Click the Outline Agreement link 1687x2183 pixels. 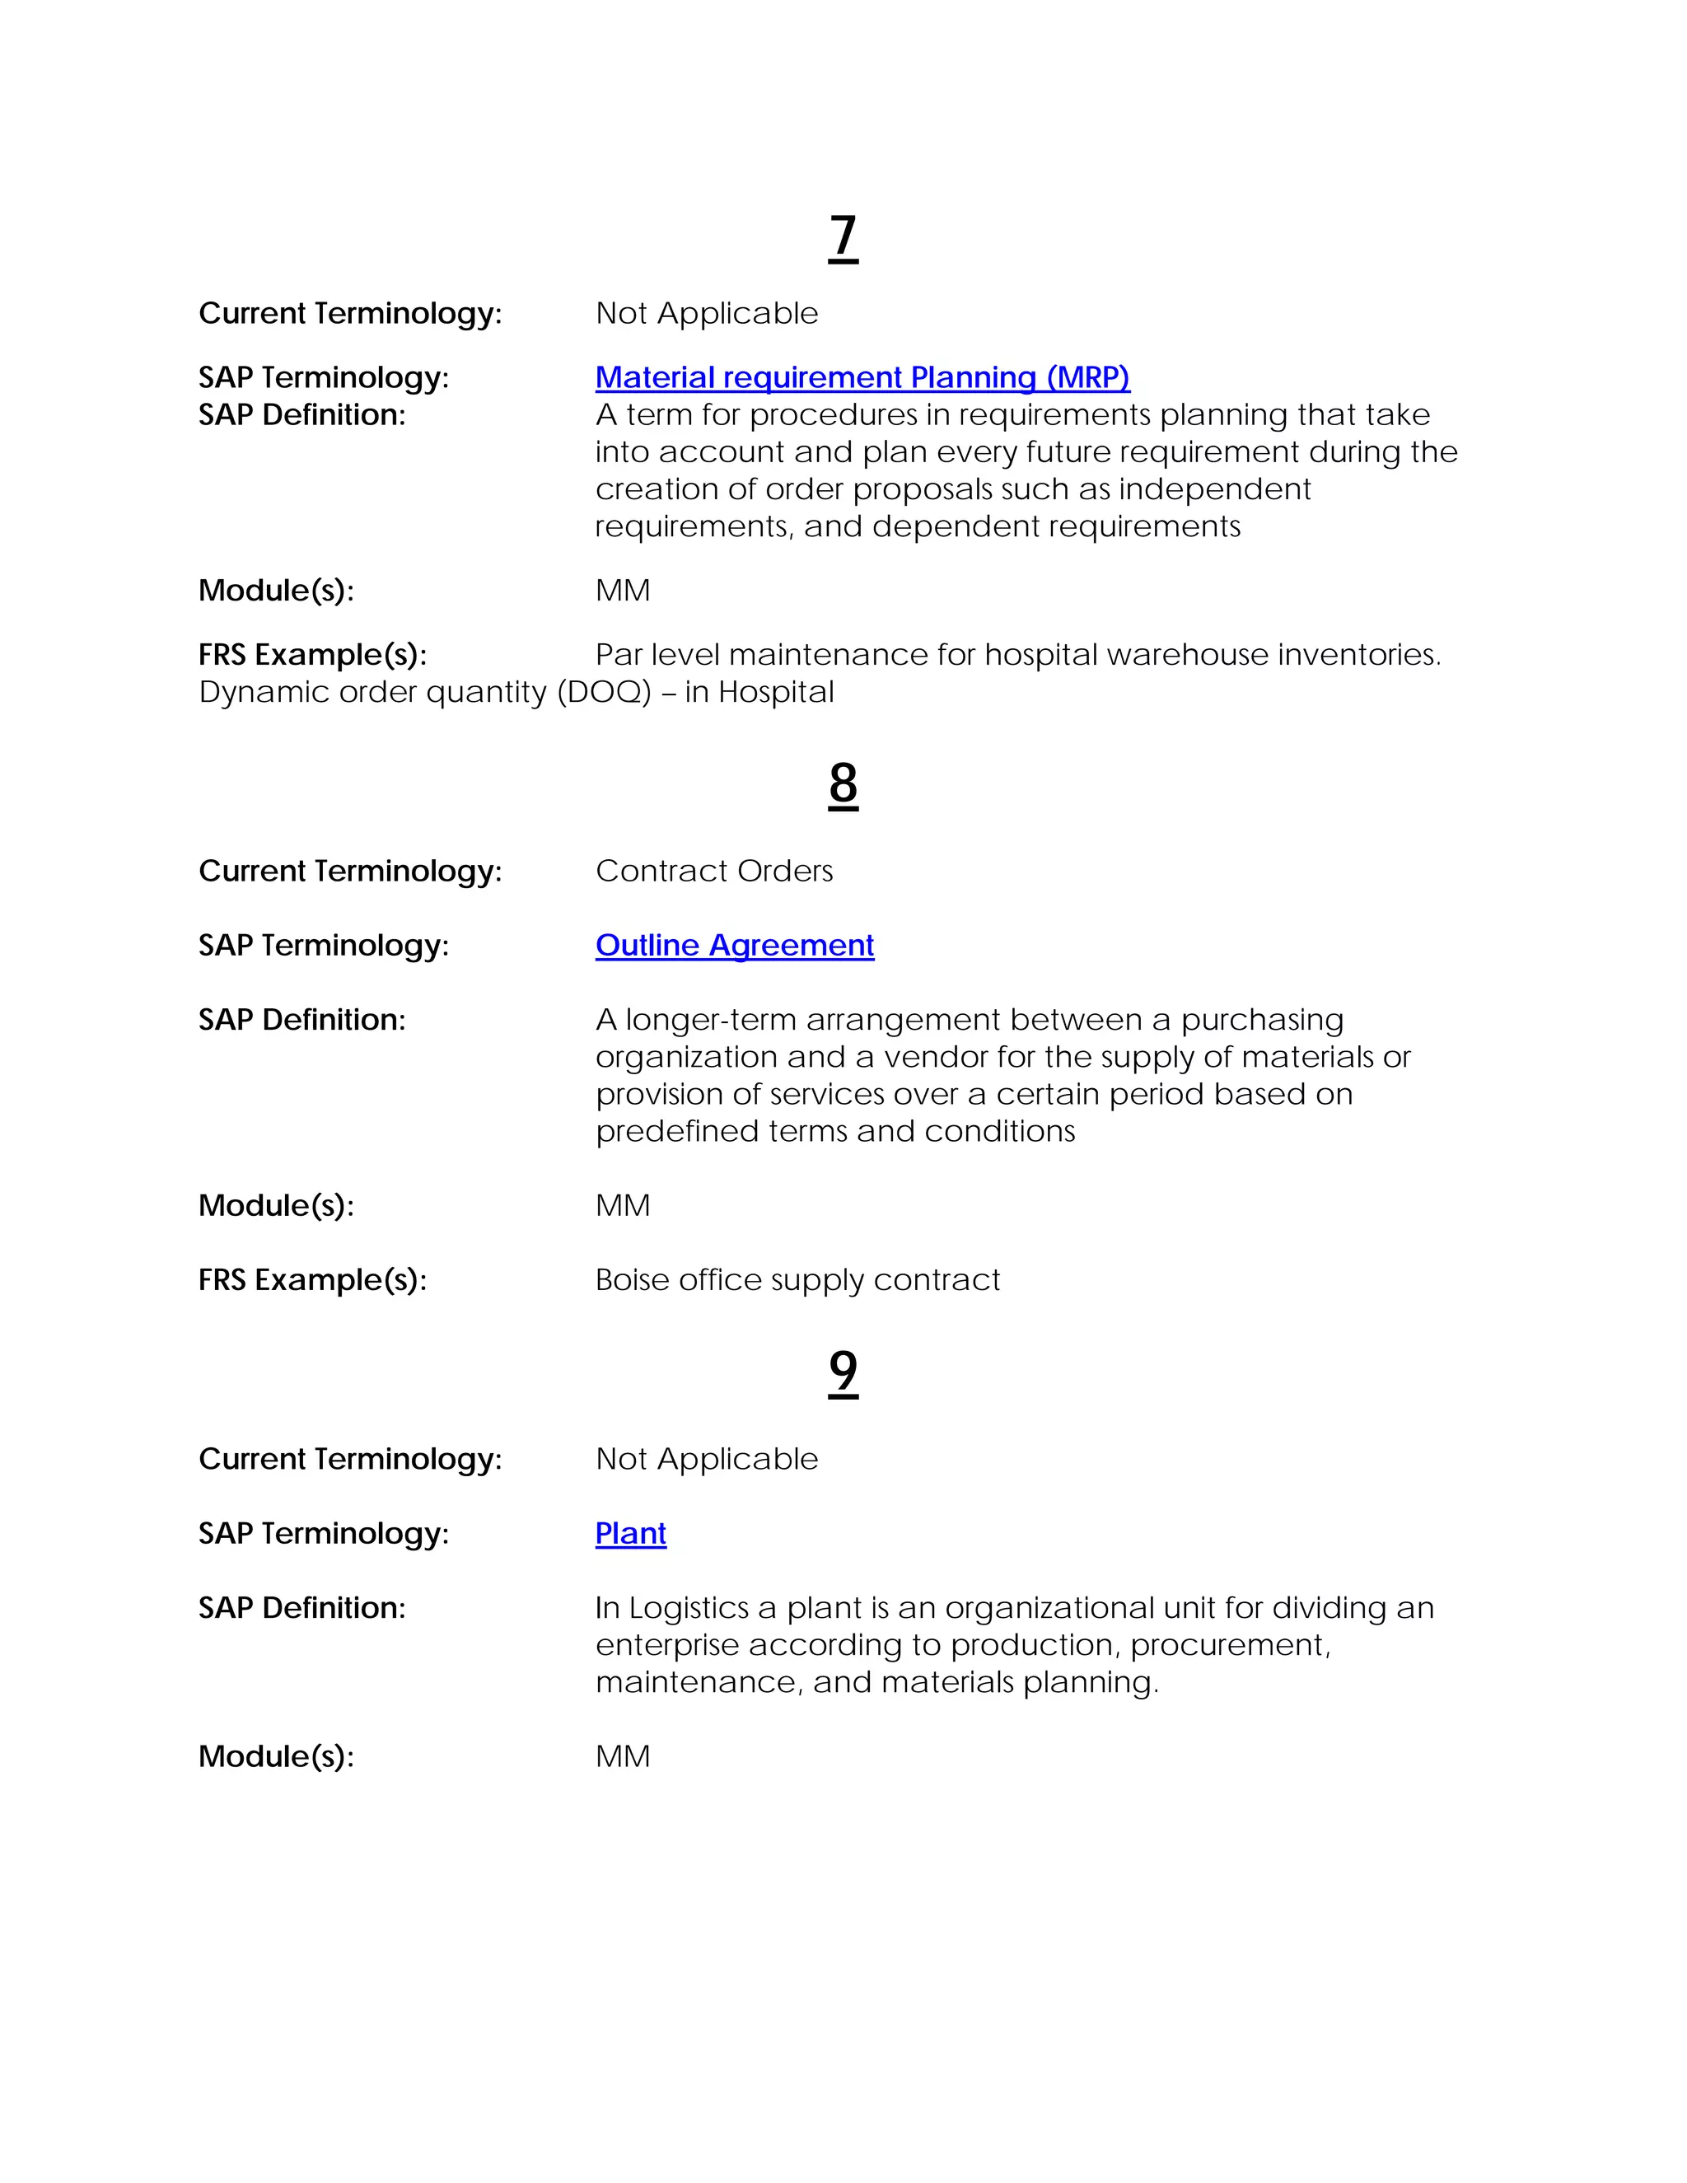735,945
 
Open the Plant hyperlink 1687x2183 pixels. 631,1532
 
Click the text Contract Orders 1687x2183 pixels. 713,871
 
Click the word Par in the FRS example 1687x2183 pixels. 619,655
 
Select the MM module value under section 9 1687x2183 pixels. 623,1756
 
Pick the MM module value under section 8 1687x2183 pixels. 623,1205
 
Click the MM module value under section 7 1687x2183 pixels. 623,591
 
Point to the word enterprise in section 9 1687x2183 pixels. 666,1644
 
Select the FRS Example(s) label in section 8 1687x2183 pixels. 312,1279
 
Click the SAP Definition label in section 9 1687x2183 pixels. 301,1607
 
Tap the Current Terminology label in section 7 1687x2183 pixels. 350,314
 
